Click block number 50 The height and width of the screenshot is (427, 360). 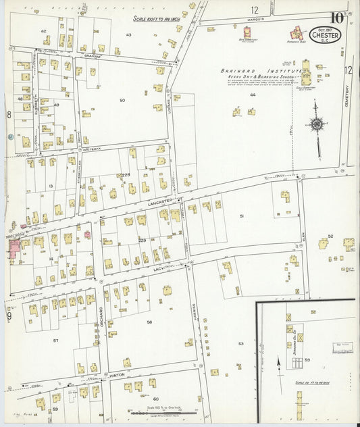pos(122,100)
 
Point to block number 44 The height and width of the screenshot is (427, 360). pos(252,95)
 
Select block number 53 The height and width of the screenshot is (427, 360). pos(240,344)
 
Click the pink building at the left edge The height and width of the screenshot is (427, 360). pos(14,247)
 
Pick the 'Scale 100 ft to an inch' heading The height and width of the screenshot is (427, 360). pos(155,20)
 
